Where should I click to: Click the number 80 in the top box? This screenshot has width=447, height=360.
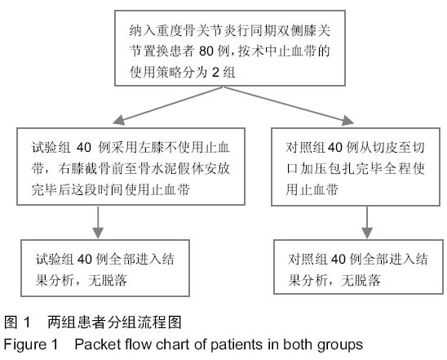click(206, 51)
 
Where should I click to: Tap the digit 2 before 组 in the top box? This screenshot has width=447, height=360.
click(215, 72)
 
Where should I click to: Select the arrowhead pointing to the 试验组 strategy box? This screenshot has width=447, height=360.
click(119, 119)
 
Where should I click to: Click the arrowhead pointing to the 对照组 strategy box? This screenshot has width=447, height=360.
click(347, 120)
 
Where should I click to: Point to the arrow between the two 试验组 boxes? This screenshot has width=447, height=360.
click(98, 222)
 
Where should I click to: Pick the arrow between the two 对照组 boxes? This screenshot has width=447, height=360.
click(367, 222)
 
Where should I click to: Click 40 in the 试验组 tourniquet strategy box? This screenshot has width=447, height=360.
click(84, 148)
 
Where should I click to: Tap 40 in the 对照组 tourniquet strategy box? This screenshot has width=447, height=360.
click(335, 148)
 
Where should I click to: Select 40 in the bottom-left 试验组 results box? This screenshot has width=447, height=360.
click(85, 260)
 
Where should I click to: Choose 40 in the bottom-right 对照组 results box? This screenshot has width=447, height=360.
click(338, 260)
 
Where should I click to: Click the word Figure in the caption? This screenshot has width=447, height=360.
click(24, 344)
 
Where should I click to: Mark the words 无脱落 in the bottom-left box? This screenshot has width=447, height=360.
click(108, 281)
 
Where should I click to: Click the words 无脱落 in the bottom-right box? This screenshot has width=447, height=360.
click(361, 281)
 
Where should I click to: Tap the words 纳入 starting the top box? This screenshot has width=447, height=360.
click(143, 31)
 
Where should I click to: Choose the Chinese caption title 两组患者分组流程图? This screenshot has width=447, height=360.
click(114, 322)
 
